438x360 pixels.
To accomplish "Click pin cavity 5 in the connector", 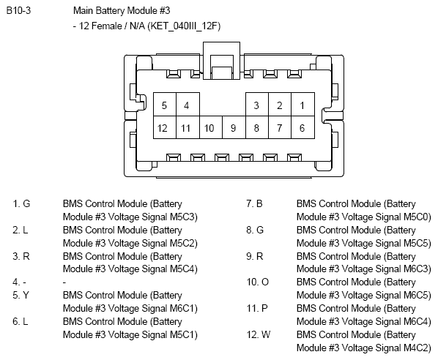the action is tap(165, 105).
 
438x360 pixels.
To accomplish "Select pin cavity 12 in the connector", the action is tap(165, 127).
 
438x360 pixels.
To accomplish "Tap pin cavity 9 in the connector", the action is tap(234, 127).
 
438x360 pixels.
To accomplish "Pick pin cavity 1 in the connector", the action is tap(302, 105).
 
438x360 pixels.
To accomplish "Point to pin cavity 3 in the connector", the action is tap(257, 105).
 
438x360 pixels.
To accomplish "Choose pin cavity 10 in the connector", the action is tap(211, 127).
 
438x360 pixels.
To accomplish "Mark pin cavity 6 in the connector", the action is tap(302, 127).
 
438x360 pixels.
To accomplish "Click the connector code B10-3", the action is tap(18, 10).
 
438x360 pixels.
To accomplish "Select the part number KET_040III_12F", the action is tap(185, 26).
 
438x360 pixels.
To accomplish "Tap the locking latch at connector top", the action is tap(221, 61).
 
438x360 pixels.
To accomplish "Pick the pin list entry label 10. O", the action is tap(257, 282).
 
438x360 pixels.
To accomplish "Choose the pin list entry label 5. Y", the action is tap(21, 295).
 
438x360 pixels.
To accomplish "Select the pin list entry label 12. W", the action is tap(259, 334).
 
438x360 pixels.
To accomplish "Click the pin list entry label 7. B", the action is tap(254, 203).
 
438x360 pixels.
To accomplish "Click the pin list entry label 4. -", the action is tap(19, 282).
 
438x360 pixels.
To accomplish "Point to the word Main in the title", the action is tap(83, 10).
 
